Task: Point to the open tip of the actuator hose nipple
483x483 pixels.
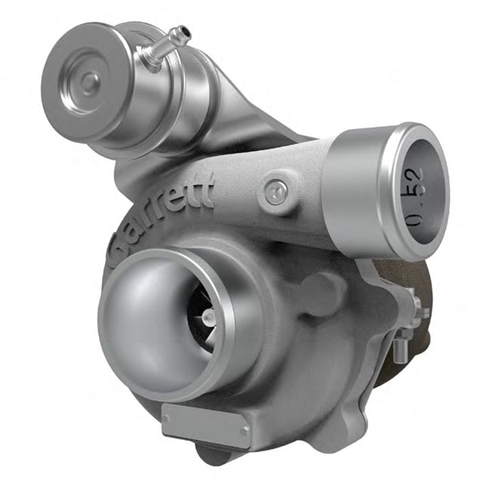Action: point(186,31)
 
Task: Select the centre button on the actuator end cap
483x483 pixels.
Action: point(90,83)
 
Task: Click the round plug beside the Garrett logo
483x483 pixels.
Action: point(276,194)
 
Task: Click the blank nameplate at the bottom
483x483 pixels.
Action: point(205,421)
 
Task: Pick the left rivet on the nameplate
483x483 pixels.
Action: point(167,418)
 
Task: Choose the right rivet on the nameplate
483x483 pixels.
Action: point(244,431)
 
